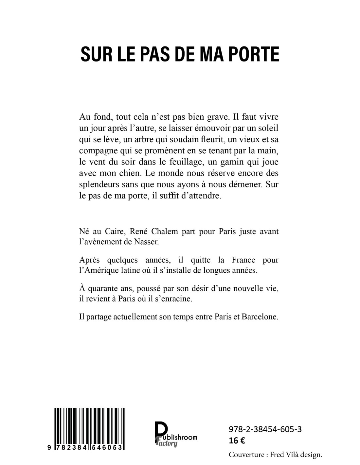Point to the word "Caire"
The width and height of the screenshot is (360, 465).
114,232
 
